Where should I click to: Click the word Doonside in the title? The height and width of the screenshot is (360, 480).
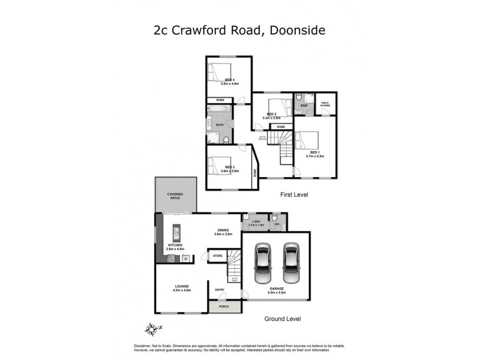point(296,29)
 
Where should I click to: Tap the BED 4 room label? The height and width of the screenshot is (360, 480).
point(229,80)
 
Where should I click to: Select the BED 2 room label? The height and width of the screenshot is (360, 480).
point(271,114)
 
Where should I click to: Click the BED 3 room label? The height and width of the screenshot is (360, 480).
point(229,167)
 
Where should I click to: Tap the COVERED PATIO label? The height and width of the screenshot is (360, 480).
point(175,196)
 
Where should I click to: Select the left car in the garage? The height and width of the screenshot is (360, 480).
point(262,264)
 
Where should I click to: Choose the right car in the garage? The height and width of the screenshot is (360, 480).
point(290,264)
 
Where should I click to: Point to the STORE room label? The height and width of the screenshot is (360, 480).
point(217,256)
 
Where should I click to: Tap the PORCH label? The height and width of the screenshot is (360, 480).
point(224,307)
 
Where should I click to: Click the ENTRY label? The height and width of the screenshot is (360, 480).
point(220,290)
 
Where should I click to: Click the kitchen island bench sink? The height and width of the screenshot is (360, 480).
point(177,231)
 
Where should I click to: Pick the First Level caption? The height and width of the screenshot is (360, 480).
point(294,195)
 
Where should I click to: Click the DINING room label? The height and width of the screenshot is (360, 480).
point(223,231)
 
